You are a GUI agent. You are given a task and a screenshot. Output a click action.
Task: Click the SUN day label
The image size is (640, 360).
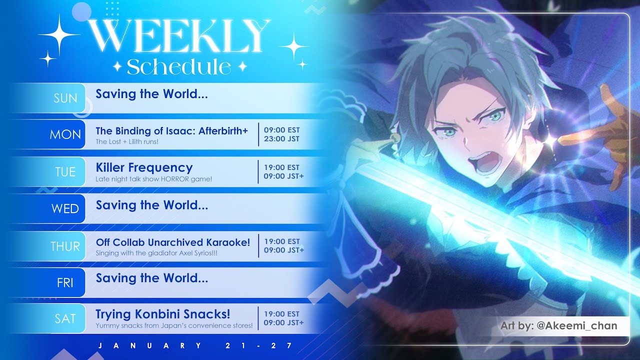(x=65, y=98)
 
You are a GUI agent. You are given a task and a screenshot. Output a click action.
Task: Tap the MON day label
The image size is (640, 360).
(x=65, y=134)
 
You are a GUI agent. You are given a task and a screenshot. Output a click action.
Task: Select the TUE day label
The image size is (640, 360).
(x=65, y=172)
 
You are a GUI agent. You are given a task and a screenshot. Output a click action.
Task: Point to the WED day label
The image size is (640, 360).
(x=65, y=209)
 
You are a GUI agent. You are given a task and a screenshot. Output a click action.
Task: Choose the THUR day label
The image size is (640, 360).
(x=65, y=246)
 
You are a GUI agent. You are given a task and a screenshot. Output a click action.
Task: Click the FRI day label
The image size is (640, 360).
(x=65, y=283)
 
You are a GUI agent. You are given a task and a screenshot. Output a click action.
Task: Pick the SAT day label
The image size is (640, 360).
(x=65, y=318)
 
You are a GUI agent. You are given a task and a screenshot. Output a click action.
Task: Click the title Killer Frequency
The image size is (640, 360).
(x=144, y=167)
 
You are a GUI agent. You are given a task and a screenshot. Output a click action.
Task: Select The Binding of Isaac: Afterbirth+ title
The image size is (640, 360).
(x=171, y=131)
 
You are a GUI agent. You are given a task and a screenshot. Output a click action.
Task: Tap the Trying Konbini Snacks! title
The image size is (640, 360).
(x=163, y=314)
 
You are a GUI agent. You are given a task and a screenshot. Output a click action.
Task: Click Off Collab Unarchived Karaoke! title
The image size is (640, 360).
(x=173, y=242)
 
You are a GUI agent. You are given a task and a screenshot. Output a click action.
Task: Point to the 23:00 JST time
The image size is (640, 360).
(x=281, y=139)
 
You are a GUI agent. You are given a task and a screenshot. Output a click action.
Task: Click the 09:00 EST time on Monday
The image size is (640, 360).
(x=281, y=130)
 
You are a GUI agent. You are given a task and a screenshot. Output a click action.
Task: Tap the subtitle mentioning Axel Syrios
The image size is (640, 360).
(x=156, y=253)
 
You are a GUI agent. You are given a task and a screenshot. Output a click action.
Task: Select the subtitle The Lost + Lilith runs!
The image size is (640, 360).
(x=127, y=141)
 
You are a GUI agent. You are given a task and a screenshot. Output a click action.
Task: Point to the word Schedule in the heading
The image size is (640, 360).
(x=179, y=67)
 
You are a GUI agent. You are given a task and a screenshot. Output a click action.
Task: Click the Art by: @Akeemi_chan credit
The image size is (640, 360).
(x=559, y=325)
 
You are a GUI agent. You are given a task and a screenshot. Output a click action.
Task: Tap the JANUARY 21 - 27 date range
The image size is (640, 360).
(x=195, y=345)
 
